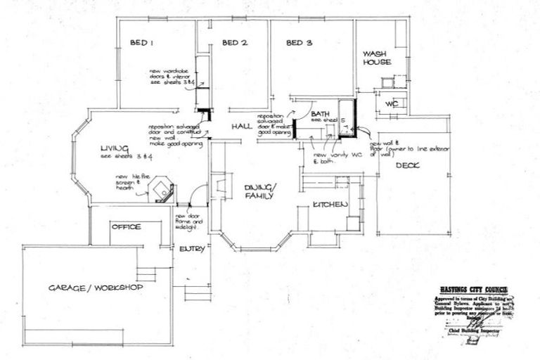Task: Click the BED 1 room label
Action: click(x=143, y=44)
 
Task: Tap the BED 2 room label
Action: click(x=235, y=44)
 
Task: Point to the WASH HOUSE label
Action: click(x=376, y=58)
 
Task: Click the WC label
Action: click(x=391, y=104)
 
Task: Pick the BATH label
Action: click(x=321, y=114)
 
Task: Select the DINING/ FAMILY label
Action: click(x=261, y=191)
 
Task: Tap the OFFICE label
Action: click(x=126, y=227)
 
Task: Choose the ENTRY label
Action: click(x=191, y=250)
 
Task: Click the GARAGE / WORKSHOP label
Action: click(x=96, y=289)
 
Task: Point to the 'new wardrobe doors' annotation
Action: click(x=171, y=77)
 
